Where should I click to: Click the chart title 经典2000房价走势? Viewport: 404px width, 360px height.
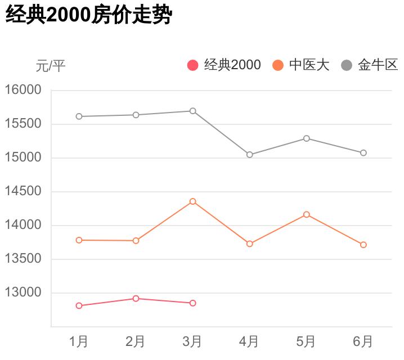(88, 15)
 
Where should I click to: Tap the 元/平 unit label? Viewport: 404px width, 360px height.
(51, 66)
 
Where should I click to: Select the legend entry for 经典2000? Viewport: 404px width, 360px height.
(225, 65)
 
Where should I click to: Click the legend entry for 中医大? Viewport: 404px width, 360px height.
(301, 65)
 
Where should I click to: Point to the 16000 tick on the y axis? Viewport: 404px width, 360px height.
(23, 90)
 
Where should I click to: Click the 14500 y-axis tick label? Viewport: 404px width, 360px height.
(23, 191)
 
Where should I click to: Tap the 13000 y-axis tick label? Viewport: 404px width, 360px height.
(23, 292)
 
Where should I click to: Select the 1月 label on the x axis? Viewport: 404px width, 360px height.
(79, 341)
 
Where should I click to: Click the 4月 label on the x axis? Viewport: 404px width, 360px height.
(249, 341)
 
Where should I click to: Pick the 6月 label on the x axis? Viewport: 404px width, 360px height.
(363, 341)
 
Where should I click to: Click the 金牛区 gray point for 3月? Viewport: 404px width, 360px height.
(193, 111)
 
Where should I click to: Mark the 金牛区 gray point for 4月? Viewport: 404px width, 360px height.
(250, 155)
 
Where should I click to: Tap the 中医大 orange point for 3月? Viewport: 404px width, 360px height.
(193, 201)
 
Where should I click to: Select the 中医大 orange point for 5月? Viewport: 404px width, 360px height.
(307, 214)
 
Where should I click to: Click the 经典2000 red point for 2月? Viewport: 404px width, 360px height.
(136, 299)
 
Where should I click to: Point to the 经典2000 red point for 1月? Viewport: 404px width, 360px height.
(79, 306)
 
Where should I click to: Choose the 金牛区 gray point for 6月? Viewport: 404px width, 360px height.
(363, 153)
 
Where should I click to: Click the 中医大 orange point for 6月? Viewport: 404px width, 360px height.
(363, 245)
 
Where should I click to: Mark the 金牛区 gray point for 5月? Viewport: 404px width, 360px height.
(307, 138)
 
